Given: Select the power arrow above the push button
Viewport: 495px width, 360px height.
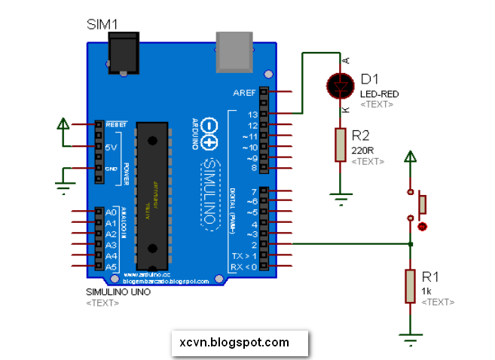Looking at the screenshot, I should (x=410, y=158).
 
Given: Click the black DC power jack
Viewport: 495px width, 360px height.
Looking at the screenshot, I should (x=125, y=53).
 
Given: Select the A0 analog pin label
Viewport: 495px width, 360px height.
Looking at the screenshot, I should (x=111, y=213).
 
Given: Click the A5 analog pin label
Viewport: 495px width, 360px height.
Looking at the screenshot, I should (x=111, y=267).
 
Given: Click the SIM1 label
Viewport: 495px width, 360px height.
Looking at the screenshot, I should (x=103, y=25).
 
